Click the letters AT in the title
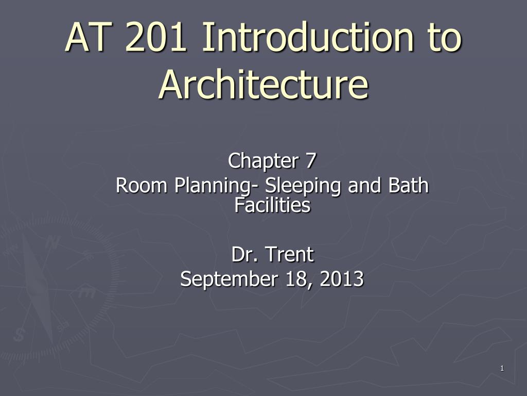92,39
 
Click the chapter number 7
310,161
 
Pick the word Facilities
272,206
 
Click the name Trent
290,254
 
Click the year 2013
342,279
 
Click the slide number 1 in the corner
501,368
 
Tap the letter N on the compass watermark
51,242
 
